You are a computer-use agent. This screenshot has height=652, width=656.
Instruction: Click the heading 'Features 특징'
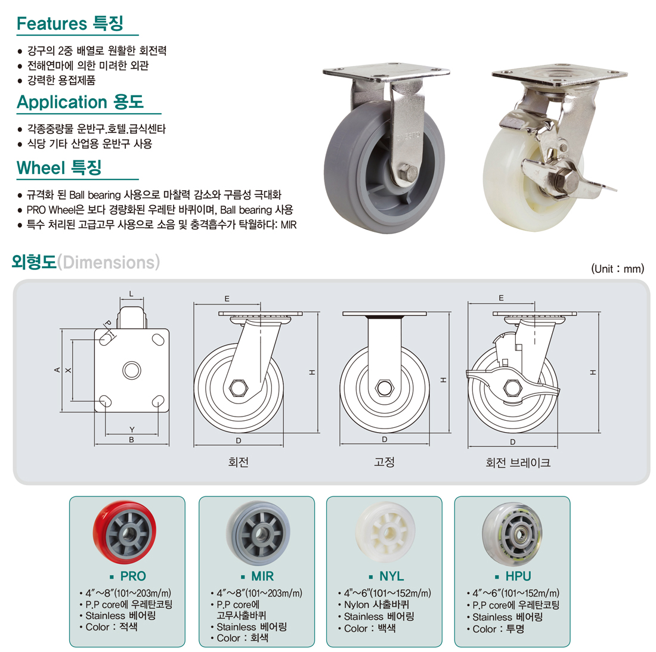(x=70, y=23)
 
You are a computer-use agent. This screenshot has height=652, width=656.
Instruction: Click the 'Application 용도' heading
(x=80, y=102)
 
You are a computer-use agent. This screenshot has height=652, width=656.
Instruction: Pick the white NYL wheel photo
(x=386, y=532)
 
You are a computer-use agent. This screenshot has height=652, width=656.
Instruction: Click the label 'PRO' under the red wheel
(x=133, y=576)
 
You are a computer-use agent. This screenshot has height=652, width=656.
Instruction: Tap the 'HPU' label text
(x=518, y=576)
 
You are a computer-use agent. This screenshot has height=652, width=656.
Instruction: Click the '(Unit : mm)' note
(x=617, y=269)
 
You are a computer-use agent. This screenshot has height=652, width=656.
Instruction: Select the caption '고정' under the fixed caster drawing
(x=384, y=462)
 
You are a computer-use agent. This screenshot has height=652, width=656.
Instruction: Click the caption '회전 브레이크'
(x=518, y=462)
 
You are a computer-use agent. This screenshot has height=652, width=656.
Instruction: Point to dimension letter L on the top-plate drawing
(x=131, y=294)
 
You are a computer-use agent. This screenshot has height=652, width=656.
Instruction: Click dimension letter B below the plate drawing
(x=131, y=440)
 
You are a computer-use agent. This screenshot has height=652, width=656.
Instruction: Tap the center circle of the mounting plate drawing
(x=132, y=370)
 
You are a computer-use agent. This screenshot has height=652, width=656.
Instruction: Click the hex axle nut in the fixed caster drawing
(x=384, y=388)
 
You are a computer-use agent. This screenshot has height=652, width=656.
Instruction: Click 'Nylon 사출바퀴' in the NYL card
(x=376, y=605)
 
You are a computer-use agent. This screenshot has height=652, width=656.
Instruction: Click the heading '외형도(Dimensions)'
(x=86, y=262)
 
